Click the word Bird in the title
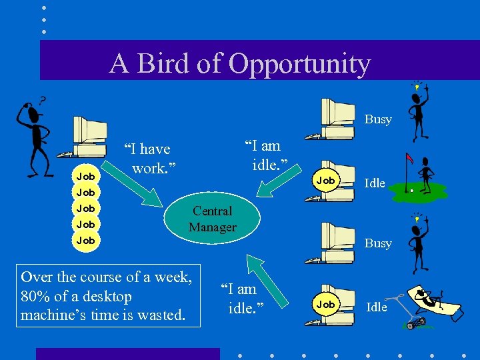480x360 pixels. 165,64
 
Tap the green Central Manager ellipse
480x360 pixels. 212,219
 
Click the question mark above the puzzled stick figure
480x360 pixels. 42,100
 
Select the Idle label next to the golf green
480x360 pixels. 375,183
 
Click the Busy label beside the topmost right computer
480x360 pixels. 377,119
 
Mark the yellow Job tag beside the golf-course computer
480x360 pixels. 325,181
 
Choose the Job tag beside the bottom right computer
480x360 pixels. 325,304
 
